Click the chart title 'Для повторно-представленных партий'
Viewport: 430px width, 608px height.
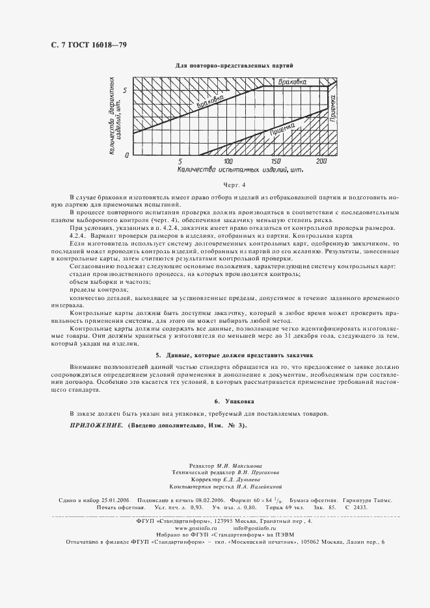(x=235, y=66)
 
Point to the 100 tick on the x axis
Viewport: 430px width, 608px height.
(x=228, y=161)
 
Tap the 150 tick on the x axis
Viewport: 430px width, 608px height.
(x=275, y=161)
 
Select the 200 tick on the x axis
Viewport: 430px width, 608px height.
(x=322, y=161)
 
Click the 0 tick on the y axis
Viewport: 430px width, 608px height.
(x=128, y=153)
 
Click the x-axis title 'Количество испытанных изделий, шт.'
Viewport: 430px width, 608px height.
(x=240, y=170)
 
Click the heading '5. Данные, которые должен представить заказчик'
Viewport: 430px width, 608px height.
(x=235, y=356)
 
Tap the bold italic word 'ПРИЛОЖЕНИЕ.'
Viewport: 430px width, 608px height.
(x=96, y=425)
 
